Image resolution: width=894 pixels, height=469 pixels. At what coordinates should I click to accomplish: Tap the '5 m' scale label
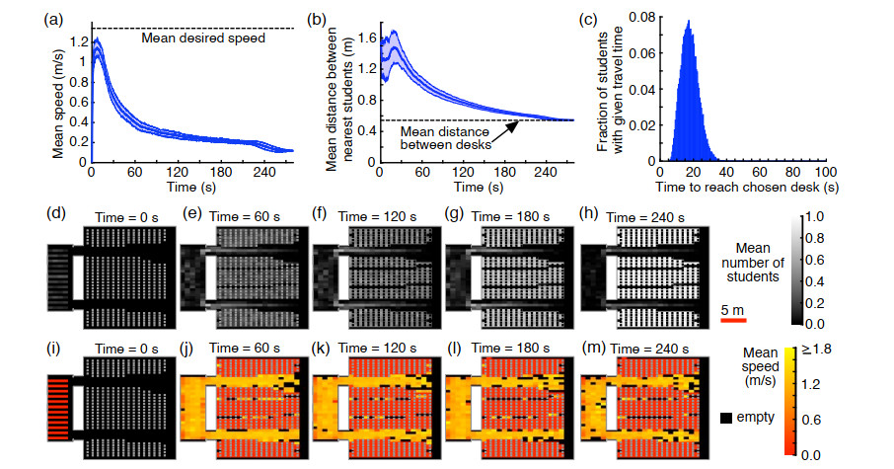pos(730,308)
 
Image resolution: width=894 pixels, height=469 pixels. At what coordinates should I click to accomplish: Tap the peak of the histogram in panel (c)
pos(689,21)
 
